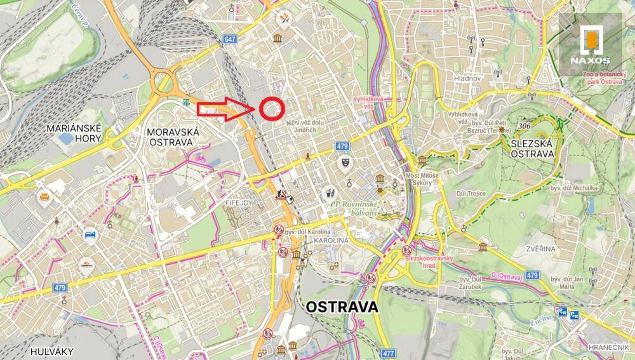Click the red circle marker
tap(271, 109)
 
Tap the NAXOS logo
tap(590, 45)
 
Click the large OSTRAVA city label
tap(342, 307)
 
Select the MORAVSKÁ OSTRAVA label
tap(173, 137)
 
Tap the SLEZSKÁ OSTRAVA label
tap(531, 149)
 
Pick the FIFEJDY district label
tap(239, 202)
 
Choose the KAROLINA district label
tap(331, 241)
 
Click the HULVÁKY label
tap(51, 351)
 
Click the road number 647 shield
tap(230, 39)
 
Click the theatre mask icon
tap(343, 163)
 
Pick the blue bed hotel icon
tap(90, 234)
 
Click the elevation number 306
tap(524, 126)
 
